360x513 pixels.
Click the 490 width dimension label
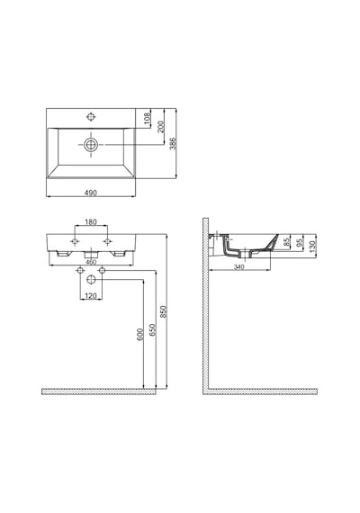pos(91,193)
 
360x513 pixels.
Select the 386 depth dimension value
pos(173,143)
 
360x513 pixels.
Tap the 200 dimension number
pos(161,126)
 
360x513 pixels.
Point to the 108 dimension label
pos(148,117)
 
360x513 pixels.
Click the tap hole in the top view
pos(91,116)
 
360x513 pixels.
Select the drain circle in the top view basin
pos(91,144)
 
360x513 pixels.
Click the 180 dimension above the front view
pos(91,221)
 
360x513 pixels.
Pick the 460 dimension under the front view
pos(91,262)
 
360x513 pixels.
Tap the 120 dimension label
pos(91,296)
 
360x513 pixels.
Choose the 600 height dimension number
pos(140,335)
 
